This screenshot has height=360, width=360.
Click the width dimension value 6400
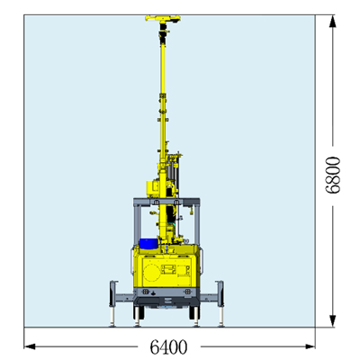point(168,346)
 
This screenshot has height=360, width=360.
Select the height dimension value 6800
point(333,175)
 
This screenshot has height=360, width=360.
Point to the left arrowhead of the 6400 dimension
point(30,346)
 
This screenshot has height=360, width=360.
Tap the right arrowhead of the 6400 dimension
point(310,346)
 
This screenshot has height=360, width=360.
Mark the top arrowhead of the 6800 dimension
point(332,21)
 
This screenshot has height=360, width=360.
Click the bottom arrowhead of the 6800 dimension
point(332,321)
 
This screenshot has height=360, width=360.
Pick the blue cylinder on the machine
point(148,244)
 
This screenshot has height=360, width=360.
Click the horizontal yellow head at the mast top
point(163,19)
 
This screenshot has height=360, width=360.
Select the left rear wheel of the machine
point(139,312)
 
